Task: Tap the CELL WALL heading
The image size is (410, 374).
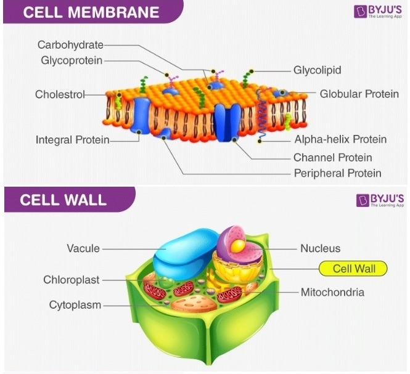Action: coord(63,200)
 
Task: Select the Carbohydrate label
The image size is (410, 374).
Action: coord(70,45)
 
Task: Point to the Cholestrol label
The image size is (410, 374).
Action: coord(59,94)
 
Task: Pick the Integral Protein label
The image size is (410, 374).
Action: coord(72,140)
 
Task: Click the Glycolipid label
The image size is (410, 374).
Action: coord(317,70)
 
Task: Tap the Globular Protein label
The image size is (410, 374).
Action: coord(359,94)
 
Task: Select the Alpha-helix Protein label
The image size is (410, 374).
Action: coord(340,139)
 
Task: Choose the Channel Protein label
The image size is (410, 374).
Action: coord(332,157)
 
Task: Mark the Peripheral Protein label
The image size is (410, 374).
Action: coord(337,173)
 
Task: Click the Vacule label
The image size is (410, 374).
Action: coord(83,248)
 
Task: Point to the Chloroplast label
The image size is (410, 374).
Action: coord(71,280)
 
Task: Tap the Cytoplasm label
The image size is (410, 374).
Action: coord(75,304)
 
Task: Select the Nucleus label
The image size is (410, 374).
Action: coord(320,248)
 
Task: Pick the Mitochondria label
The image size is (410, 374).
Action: coord(332,292)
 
